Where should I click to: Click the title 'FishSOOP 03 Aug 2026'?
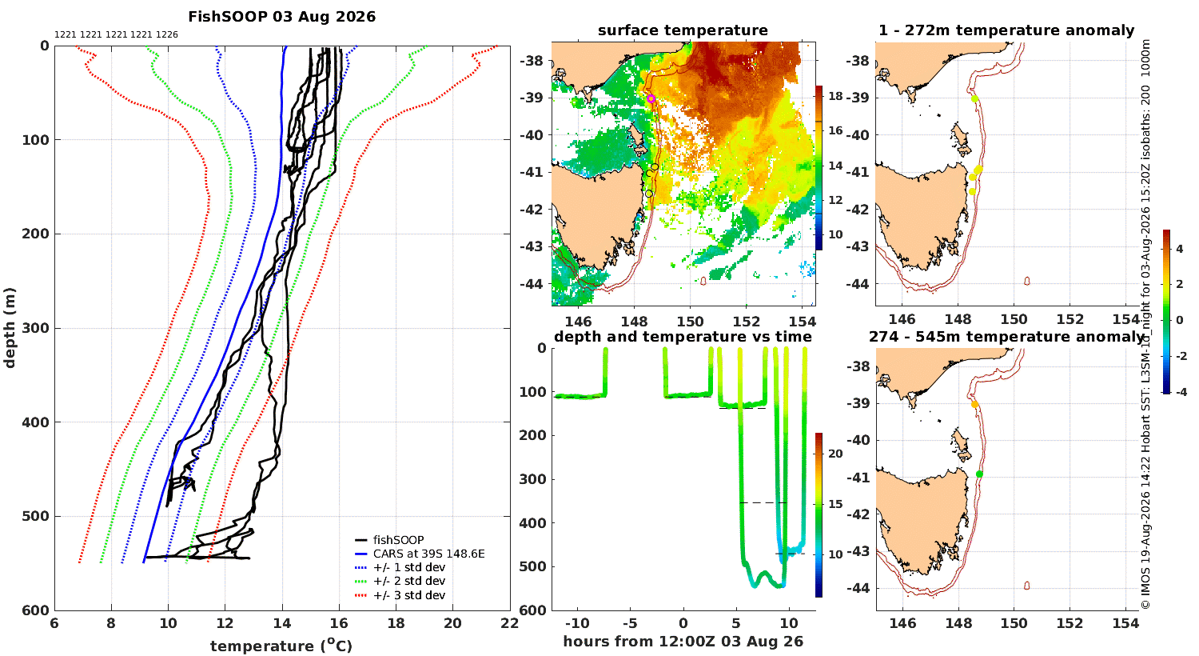282,17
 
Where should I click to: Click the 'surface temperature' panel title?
683,30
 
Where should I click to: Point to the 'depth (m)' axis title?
10,328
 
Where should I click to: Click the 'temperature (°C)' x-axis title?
281,646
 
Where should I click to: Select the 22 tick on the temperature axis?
510,623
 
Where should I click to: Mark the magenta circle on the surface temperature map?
651,98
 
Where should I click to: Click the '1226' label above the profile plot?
167,35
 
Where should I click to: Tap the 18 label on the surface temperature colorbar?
835,96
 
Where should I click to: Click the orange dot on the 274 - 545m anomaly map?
974,405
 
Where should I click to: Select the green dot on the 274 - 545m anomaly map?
979,474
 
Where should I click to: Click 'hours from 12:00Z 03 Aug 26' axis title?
683,642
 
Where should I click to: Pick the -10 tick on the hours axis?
577,624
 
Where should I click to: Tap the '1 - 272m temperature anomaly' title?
1006,30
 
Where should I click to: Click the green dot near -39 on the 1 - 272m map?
974,99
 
